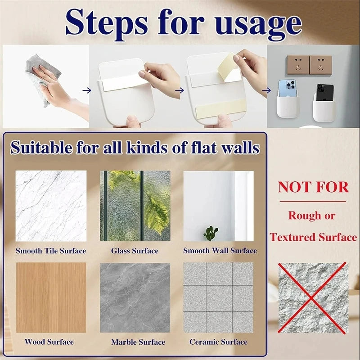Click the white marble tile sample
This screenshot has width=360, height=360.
51,206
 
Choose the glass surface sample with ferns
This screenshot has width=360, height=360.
135,206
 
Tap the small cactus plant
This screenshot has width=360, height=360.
210,233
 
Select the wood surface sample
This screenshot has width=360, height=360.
51,297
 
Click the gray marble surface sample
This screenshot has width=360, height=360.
135,297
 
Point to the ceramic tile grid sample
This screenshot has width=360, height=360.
218,297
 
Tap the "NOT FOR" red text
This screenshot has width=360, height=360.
313,187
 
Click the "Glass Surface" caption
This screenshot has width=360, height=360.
135,251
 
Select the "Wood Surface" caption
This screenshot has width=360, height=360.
49,342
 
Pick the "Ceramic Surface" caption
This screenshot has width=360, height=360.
218,342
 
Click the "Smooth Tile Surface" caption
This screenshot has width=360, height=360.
51,251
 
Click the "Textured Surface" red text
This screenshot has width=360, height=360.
313,237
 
